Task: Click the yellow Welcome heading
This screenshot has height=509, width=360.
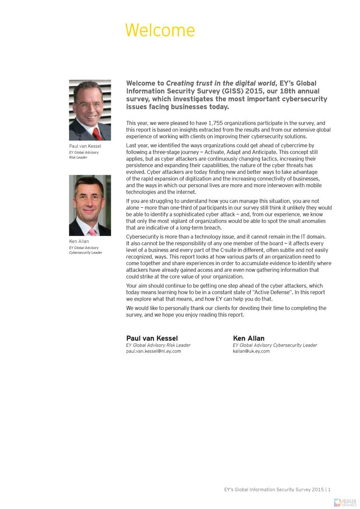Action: pos(160,30)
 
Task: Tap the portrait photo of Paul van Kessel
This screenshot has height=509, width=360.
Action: pos(90,110)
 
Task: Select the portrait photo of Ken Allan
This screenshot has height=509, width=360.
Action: pos(90,205)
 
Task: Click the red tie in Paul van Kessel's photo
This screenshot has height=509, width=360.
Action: pos(98,134)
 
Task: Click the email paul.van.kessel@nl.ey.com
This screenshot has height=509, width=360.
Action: pos(153,351)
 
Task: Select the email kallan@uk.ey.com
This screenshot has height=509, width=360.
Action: pos(251,351)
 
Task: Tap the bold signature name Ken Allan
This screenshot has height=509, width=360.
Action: pos(249,338)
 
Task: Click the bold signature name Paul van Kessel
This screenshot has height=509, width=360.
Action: pos(152,338)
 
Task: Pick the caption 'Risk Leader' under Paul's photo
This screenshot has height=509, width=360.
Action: pos(78,158)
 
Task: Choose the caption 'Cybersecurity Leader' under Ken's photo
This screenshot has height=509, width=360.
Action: pos(86,253)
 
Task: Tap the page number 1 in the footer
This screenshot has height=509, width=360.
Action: pos(329,490)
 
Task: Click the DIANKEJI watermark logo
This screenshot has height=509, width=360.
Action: pos(345,502)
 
